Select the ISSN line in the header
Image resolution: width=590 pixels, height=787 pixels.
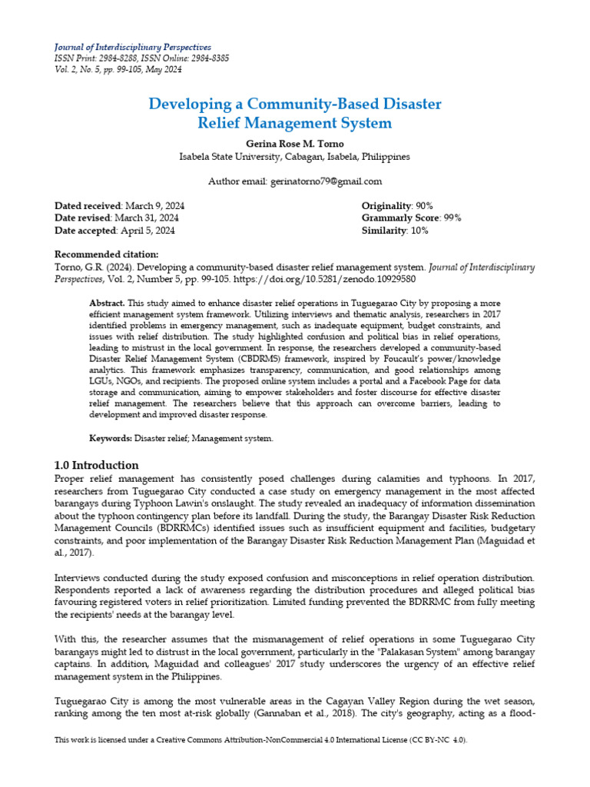click(x=141, y=58)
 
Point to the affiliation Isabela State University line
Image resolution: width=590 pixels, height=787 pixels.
click(x=294, y=156)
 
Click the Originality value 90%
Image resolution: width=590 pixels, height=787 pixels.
click(x=424, y=206)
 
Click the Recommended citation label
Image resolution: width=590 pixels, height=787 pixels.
click(x=107, y=254)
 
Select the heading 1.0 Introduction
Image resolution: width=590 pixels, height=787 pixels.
click(x=97, y=465)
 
